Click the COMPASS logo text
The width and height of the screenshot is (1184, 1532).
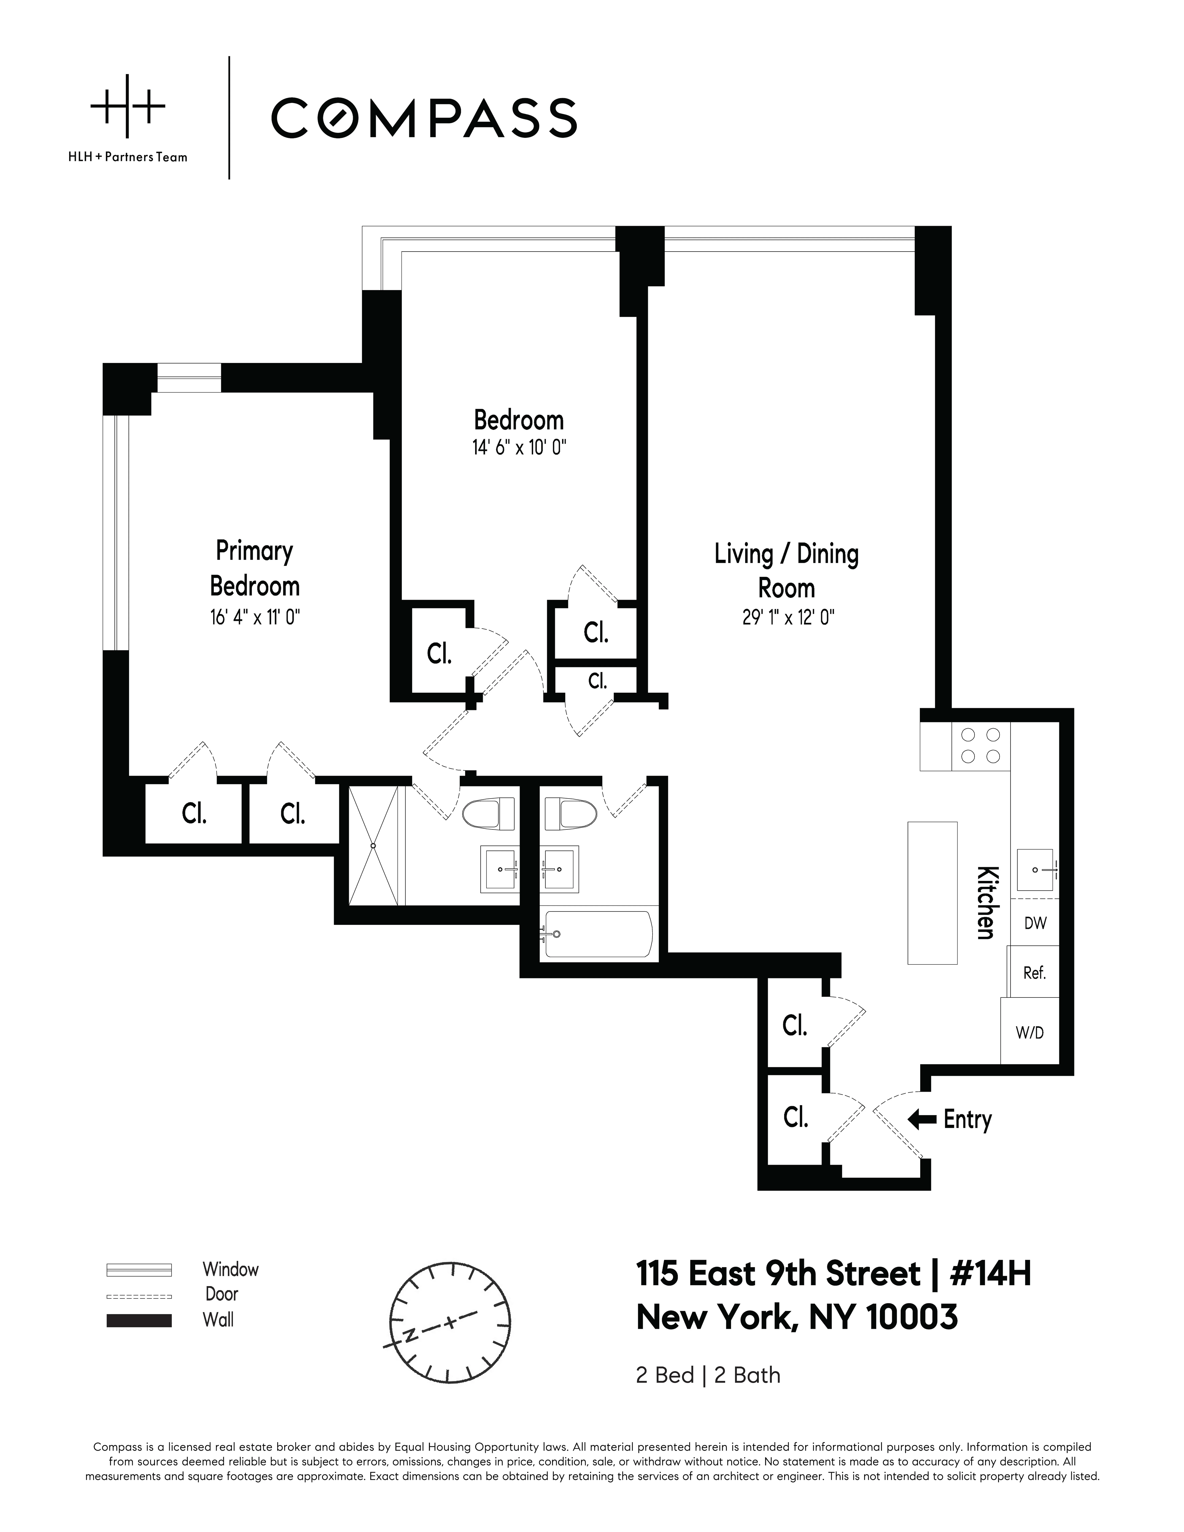click(424, 118)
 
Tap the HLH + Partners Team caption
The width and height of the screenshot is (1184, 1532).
click(128, 157)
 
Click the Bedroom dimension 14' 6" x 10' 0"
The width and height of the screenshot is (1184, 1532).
click(519, 447)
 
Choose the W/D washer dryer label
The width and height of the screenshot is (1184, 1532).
click(1030, 1033)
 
